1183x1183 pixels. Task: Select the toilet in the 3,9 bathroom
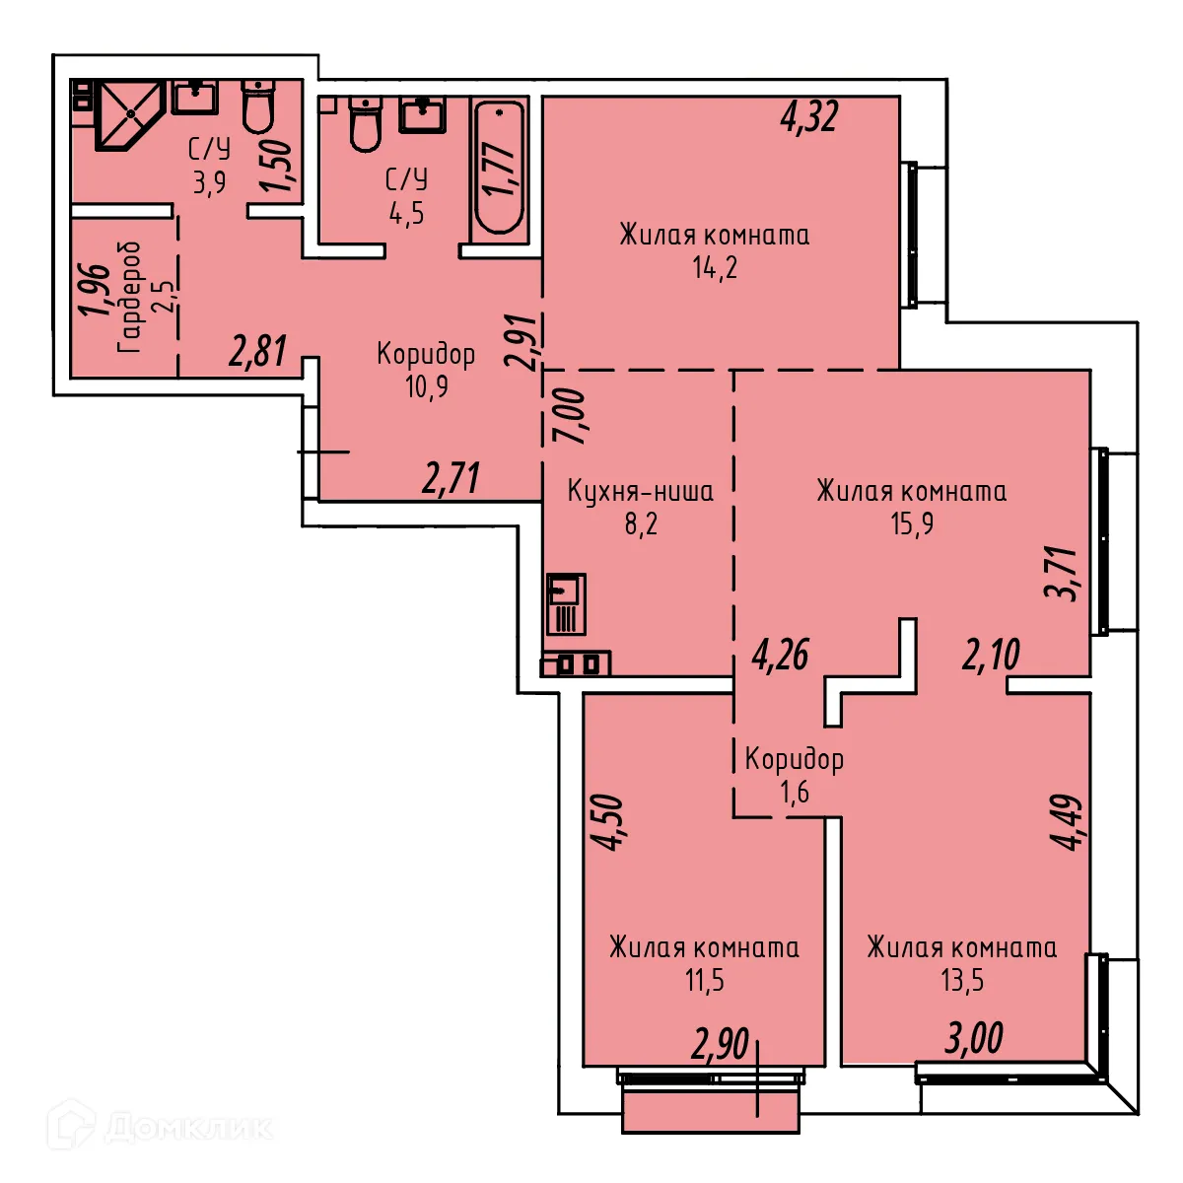tap(259, 106)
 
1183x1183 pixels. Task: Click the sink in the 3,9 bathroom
tap(195, 98)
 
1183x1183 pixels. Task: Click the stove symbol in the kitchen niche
tap(577, 663)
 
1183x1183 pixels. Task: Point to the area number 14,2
tap(715, 267)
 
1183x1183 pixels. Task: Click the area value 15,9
tap(912, 523)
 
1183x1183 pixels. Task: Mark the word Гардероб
tap(129, 297)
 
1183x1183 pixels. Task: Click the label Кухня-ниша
tap(640, 491)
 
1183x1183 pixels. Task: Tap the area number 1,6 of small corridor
tap(794, 792)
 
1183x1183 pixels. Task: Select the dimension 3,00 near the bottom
tap(974, 1038)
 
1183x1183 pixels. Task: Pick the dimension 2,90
tap(721, 1044)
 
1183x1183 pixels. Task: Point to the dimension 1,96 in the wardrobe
tap(94, 290)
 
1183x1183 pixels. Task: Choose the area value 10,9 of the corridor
tap(426, 386)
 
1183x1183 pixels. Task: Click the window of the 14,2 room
tap(911, 235)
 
